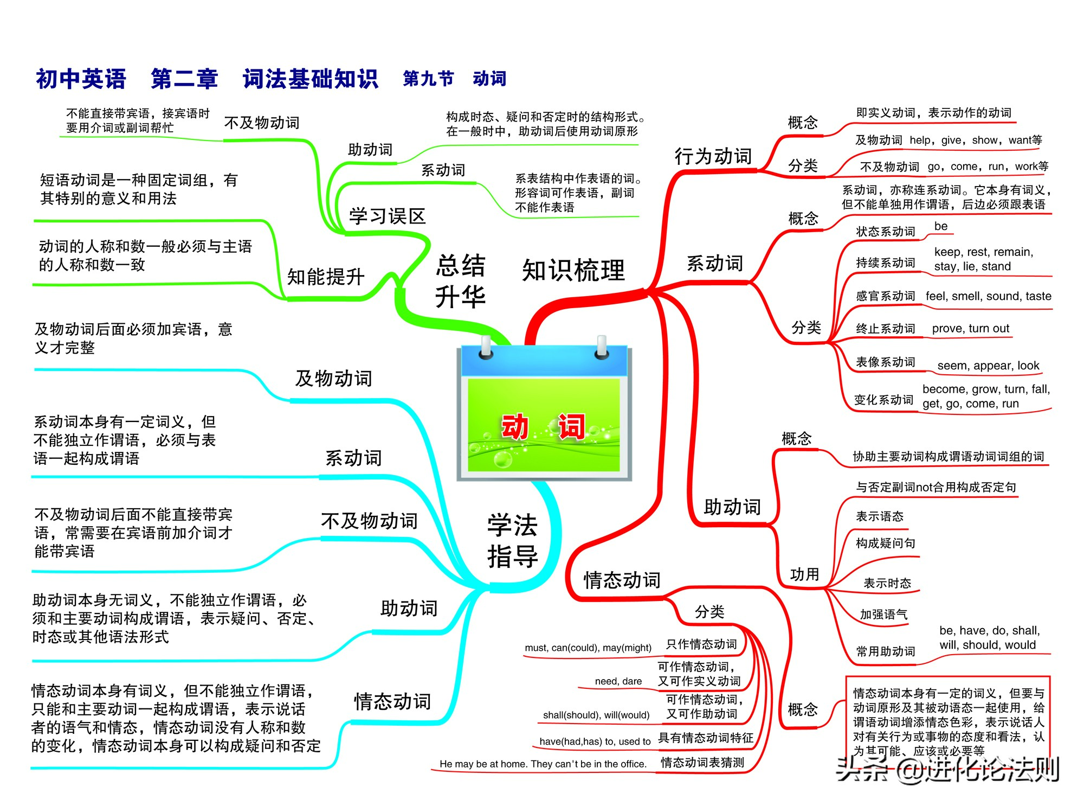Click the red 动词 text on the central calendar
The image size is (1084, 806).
pos(543,426)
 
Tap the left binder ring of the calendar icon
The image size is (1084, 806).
pos(486,347)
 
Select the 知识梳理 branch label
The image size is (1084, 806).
pos(573,270)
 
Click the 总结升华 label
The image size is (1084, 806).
pos(460,281)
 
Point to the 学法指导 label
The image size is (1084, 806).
pos(512,541)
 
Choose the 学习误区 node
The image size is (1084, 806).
pos(387,216)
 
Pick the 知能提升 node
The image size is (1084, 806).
pos(325,277)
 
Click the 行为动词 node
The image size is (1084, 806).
pos(713,156)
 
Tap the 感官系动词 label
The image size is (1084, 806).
pos(885,296)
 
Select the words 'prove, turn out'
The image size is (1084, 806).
pos(970,328)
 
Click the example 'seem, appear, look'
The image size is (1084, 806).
pos(988,366)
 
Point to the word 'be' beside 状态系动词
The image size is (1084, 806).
pos(941,226)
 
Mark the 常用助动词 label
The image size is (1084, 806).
pos(885,651)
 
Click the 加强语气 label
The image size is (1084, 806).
pos(883,615)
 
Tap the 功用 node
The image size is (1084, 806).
pos(804,574)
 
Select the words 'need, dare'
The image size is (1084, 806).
pos(618,681)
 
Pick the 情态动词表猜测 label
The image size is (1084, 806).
pos(702,763)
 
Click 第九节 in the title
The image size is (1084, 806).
pos(428,79)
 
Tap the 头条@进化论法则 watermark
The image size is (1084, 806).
pos(947,770)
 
